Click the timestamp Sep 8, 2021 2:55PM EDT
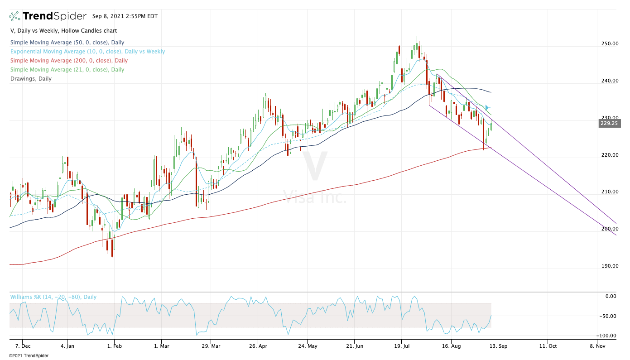[x=125, y=16]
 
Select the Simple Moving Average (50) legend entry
[x=67, y=43]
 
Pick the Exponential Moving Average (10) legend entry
[x=87, y=52]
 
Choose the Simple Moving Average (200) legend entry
[x=68, y=61]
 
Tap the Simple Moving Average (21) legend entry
[x=67, y=70]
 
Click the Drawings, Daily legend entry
[x=31, y=79]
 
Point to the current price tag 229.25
[x=609, y=123]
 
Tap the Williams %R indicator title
[x=53, y=297]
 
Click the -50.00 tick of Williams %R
[x=608, y=316]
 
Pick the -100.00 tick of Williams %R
[x=607, y=336]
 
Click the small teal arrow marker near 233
[x=487, y=108]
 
